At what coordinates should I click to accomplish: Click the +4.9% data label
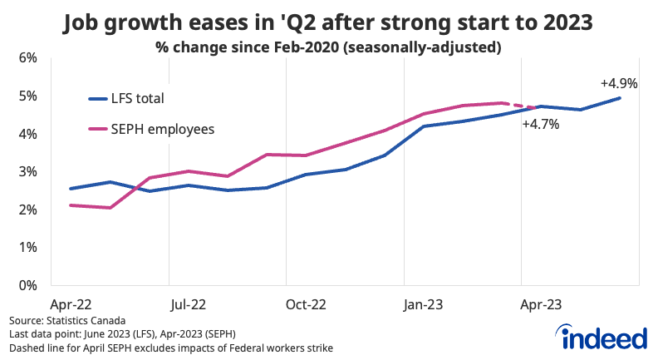coord(618,84)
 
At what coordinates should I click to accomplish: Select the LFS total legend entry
coord(138,98)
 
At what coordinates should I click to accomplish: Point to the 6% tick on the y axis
coord(28,58)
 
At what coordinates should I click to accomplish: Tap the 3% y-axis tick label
coord(28,172)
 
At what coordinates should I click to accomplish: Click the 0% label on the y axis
coord(28,285)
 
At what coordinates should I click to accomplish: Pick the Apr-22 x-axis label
coord(71,304)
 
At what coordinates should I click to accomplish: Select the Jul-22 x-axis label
coord(188,304)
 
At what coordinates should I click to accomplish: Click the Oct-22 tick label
coord(306,304)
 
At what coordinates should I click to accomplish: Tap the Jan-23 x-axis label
coord(423,304)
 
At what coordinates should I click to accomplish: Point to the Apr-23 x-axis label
coord(541,304)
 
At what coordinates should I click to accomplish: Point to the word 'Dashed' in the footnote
coord(26,347)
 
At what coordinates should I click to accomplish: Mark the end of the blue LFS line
coord(619,98)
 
